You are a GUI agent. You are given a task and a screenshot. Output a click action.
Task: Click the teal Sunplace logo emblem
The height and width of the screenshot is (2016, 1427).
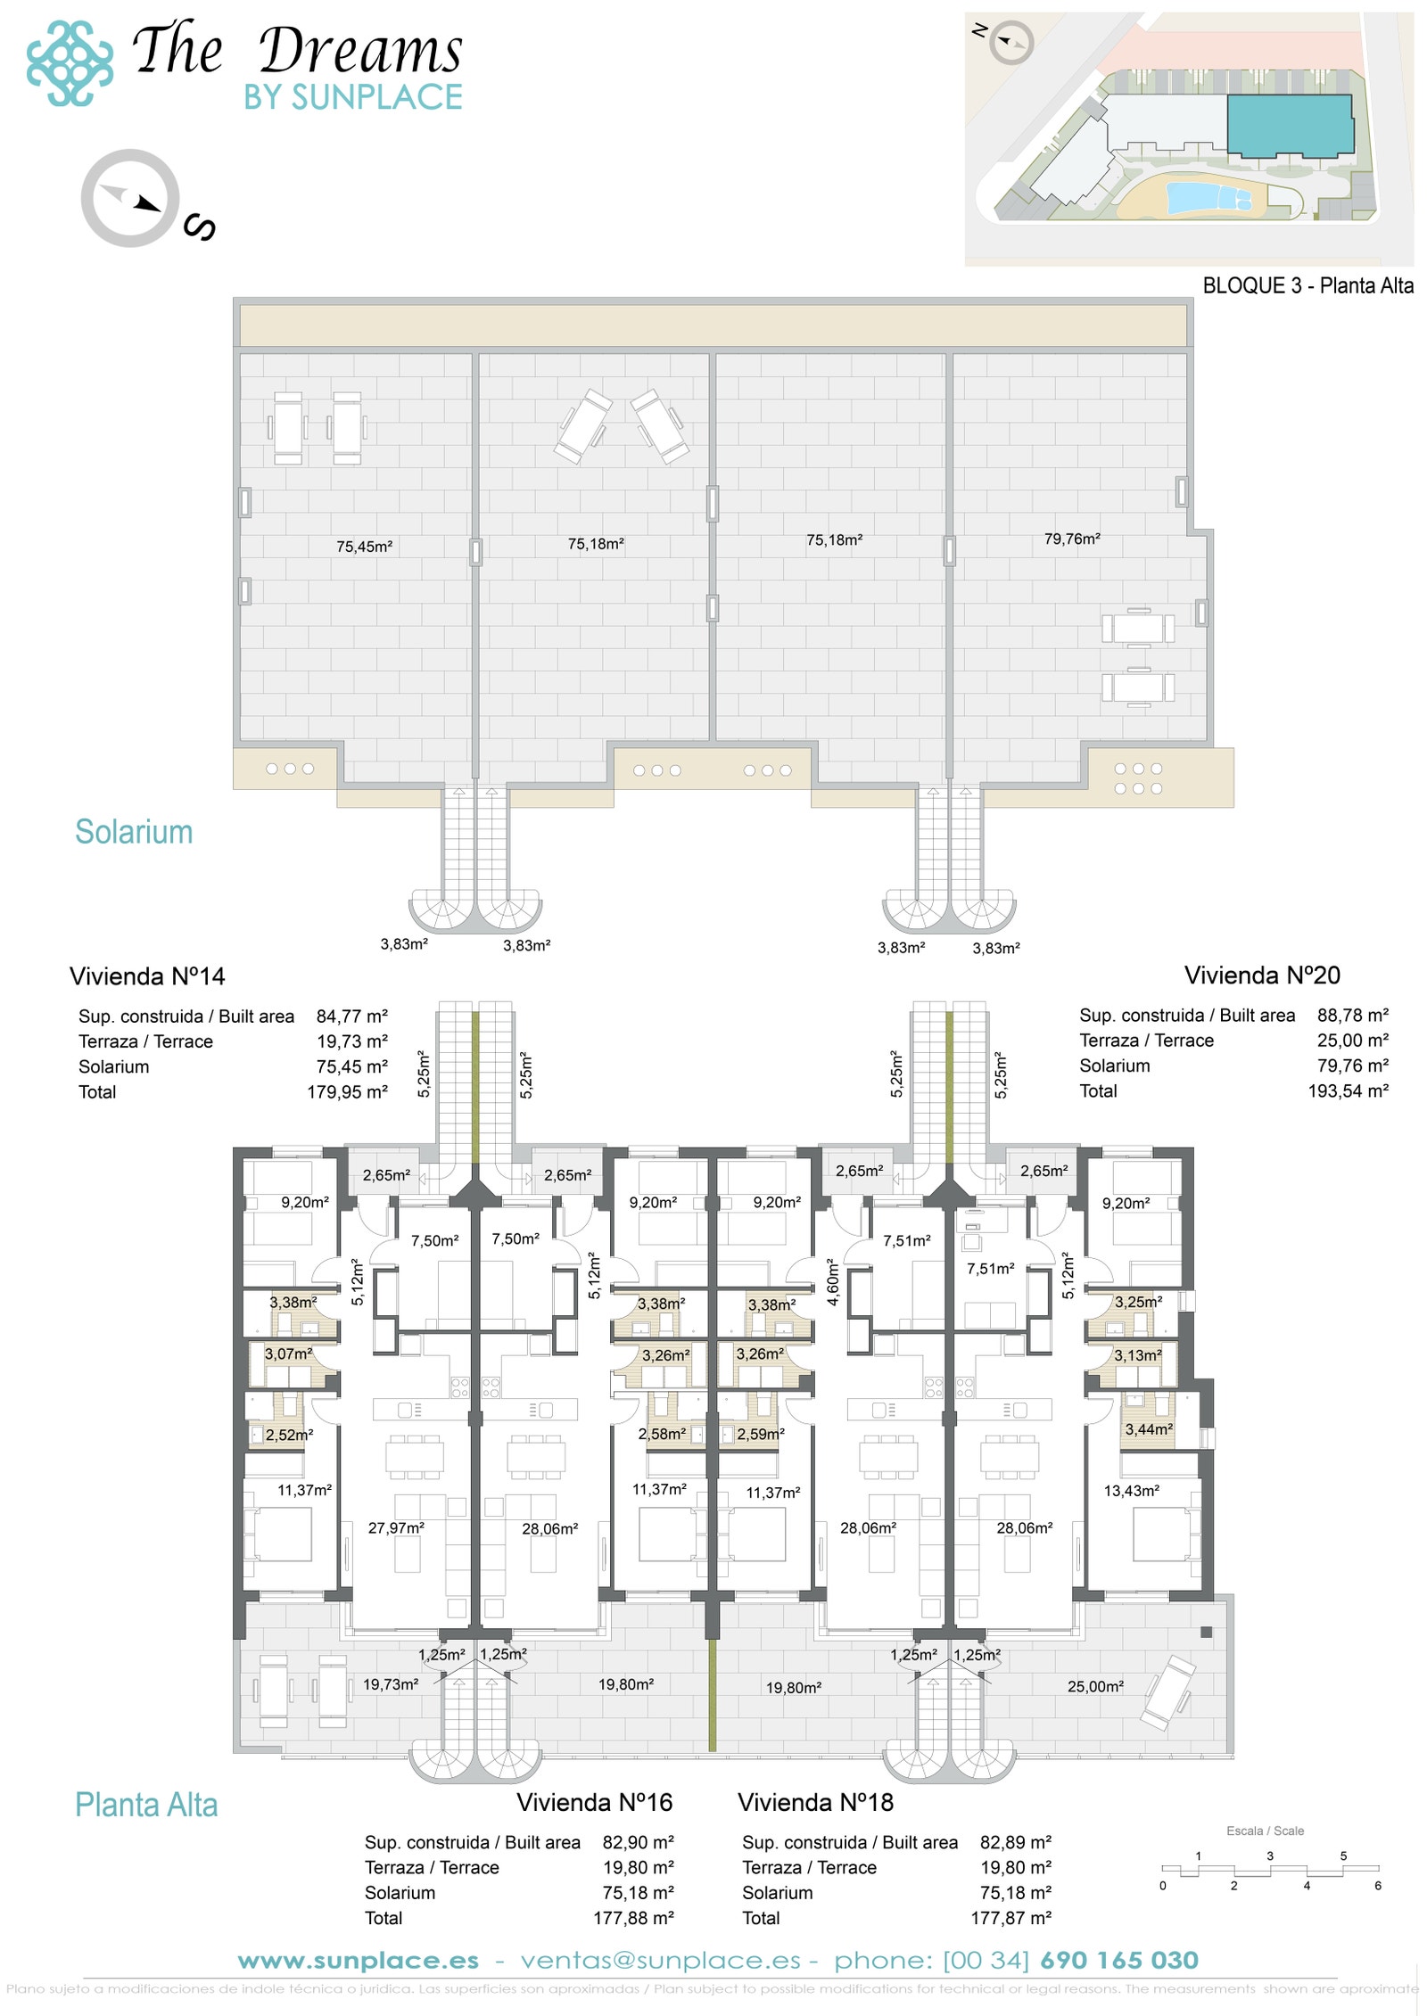tap(70, 63)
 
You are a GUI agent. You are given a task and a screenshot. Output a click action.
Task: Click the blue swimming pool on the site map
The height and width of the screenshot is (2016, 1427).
tap(1208, 196)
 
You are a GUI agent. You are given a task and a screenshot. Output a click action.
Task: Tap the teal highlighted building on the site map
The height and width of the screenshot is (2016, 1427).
tap(1290, 126)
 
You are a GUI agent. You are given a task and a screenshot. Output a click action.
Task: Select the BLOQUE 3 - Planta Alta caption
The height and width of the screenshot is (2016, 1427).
tap(1307, 286)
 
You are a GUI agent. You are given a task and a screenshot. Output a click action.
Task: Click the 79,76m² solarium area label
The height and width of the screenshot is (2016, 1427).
tap(1072, 539)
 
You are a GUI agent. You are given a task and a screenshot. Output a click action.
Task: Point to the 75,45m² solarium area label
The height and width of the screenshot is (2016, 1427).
tap(364, 547)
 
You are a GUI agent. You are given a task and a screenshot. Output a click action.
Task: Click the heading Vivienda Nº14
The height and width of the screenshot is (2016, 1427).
tap(147, 976)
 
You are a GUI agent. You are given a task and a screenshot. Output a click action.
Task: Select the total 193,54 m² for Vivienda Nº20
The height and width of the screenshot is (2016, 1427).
tap(1348, 1090)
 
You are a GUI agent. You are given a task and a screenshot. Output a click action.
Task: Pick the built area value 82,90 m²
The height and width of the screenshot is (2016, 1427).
tap(638, 1843)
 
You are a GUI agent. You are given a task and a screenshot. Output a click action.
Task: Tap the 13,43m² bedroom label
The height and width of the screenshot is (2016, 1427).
tap(1131, 1491)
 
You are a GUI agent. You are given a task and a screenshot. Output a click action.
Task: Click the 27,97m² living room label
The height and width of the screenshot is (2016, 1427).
tap(396, 1528)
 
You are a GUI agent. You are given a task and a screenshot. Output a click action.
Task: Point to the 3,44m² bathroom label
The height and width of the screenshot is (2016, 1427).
tap(1148, 1429)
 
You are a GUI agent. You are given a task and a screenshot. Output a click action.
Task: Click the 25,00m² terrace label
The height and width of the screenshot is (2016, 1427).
tap(1095, 1686)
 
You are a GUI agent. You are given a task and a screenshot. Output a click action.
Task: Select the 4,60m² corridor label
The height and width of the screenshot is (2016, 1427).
tap(833, 1282)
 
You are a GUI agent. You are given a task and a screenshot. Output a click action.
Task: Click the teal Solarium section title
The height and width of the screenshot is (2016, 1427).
tap(134, 832)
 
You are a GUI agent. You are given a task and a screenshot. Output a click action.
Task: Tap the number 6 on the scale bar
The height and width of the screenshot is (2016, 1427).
tap(1377, 1886)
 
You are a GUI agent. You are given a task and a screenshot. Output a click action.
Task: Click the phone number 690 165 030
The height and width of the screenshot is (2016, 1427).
tap(1118, 1961)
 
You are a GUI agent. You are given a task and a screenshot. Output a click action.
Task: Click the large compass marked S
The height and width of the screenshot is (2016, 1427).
tap(130, 198)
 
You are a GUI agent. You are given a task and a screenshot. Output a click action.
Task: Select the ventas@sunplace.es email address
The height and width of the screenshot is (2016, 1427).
tap(660, 1961)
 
